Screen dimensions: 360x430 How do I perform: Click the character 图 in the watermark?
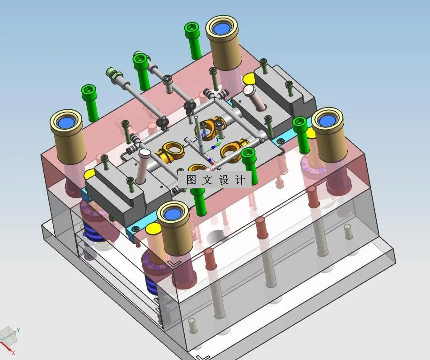pyautogui.click(x=191, y=180)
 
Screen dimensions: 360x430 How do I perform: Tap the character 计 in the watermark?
pyautogui.click(x=240, y=180)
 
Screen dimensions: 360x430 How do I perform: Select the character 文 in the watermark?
pyautogui.click(x=207, y=180)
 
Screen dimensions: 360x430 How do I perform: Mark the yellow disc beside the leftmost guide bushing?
pyautogui.click(x=90, y=174)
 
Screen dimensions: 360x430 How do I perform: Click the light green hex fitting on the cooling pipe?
pyautogui.click(x=111, y=72)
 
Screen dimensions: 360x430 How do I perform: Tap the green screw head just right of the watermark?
pyautogui.click(x=248, y=155)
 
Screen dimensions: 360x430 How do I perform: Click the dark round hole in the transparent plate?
pyautogui.click(x=216, y=237)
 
